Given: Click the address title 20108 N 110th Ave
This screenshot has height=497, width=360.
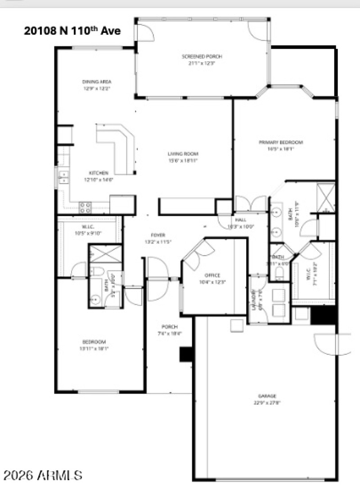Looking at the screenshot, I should [x=72, y=32].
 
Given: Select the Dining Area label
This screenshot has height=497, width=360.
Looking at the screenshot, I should [x=96, y=82].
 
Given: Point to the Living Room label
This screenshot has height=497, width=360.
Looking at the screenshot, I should [x=183, y=154].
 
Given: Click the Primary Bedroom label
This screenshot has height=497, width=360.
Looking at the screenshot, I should [x=280, y=142].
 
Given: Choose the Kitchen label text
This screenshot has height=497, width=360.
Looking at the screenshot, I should [x=98, y=173].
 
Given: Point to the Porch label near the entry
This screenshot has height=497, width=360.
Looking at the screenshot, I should [x=170, y=327].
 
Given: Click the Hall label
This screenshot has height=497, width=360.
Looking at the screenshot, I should [x=240, y=220].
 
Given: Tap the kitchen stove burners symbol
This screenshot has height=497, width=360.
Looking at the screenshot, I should [x=85, y=208].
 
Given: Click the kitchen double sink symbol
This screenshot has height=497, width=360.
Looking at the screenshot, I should [x=63, y=176].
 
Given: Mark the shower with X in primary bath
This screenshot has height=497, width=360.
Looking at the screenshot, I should [x=325, y=197].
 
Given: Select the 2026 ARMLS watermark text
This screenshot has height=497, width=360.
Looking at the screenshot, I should [x=43, y=475].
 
